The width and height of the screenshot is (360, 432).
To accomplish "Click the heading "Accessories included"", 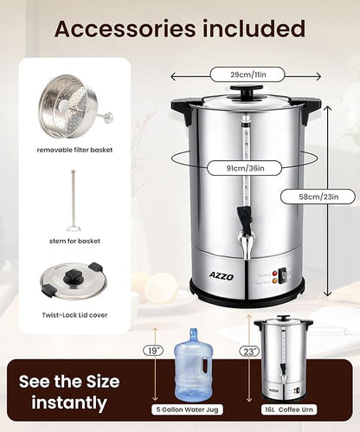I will coord(180,29).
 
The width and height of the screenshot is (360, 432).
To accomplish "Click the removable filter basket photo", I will coord(70,108).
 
